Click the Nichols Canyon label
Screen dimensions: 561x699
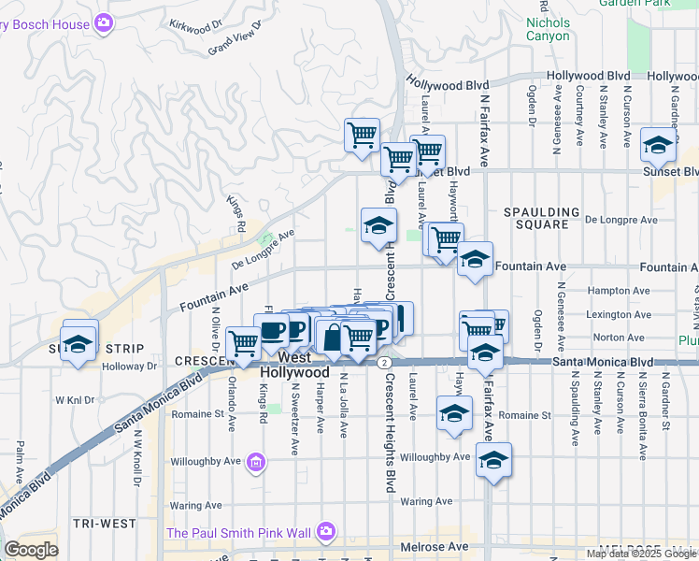point(548,29)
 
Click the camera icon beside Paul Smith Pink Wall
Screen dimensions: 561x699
point(326,532)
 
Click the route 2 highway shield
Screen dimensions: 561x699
point(384,361)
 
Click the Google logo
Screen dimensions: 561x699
point(32,550)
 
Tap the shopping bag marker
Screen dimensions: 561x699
point(332,337)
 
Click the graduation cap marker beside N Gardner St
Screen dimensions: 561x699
point(659,145)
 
